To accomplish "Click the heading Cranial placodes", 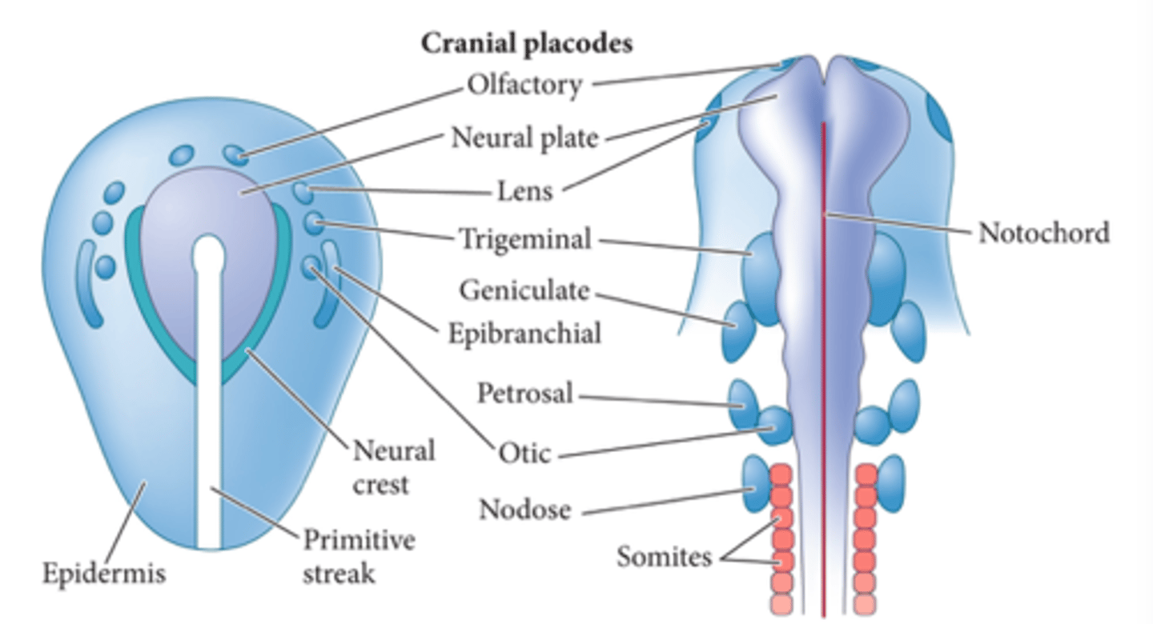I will [527, 44].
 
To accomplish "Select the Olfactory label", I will [524, 84].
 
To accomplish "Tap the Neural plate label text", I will [524, 138].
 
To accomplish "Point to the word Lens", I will [524, 191].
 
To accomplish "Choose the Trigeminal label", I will [524, 238].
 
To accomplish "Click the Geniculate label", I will [524, 290].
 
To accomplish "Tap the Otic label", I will [524, 454].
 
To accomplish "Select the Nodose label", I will [524, 508].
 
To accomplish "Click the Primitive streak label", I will [358, 556].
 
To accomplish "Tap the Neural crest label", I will [392, 466].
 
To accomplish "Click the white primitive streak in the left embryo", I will [210, 400].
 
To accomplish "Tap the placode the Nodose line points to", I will [755, 485].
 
